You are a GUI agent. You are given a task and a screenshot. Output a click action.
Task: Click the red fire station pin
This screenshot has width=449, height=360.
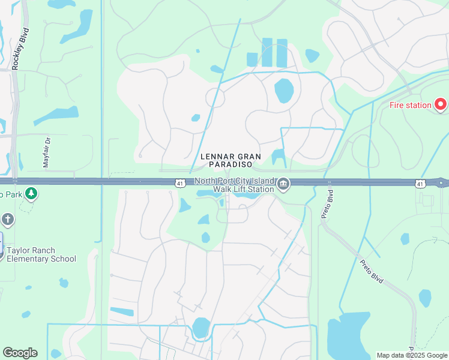[x=441, y=104]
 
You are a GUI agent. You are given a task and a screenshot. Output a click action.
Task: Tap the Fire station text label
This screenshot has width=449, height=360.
[x=411, y=106]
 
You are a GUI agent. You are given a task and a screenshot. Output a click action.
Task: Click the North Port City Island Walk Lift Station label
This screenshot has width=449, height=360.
[x=234, y=185]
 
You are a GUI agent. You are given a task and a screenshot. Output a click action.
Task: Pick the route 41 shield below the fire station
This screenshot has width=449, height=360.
[x=420, y=183]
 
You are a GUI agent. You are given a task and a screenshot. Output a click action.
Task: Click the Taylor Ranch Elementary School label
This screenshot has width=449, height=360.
[x=41, y=254]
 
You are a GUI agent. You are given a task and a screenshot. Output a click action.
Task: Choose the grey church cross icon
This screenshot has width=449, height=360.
[x=7, y=220]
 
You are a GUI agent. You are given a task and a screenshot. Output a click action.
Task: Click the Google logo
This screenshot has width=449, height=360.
[x=20, y=353]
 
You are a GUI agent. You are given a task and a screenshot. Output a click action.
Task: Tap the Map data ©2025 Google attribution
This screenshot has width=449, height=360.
[x=411, y=355]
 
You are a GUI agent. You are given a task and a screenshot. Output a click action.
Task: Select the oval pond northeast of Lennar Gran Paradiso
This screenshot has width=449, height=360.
[x=283, y=91]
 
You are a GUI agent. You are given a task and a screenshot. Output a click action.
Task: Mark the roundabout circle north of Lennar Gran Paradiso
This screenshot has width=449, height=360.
[x=215, y=97]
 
